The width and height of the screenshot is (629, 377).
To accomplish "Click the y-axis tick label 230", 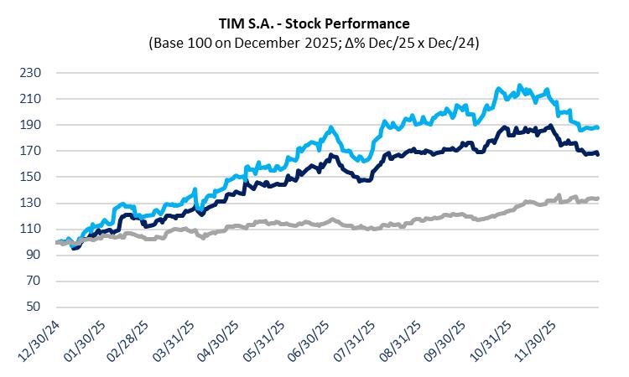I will click(30, 73).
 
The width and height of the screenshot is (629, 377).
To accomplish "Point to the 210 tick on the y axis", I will click(30, 99).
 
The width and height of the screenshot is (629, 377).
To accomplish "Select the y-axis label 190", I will click(30, 125).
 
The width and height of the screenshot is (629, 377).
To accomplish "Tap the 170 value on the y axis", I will click(30, 151).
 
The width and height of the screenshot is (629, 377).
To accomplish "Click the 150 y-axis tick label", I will click(30, 177).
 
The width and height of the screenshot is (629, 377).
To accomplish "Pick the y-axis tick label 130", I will click(30, 204).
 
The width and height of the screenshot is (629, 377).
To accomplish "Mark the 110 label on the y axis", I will click(30, 230).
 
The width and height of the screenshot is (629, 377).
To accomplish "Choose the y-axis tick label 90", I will click(34, 256).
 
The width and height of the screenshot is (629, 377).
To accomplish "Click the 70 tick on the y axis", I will click(34, 281).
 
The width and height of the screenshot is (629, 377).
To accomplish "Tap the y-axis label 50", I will click(34, 307).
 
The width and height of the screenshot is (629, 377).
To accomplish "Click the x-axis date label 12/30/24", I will click(39, 343).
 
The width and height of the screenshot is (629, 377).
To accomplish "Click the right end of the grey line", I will click(597, 199).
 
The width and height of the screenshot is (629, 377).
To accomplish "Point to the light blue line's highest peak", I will click(520, 85).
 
